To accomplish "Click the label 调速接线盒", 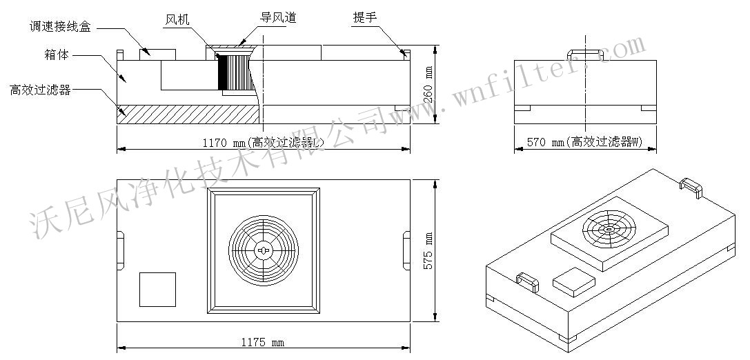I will tap(60, 27).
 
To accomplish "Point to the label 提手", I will tap(364, 18).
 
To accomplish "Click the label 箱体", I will tap(57, 55).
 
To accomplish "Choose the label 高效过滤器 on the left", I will tap(39, 90).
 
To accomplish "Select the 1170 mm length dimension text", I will tap(263, 143).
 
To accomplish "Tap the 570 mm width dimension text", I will tap(584, 143).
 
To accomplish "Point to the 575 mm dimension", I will tap(429, 249).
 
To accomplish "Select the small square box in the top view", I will tap(157, 289).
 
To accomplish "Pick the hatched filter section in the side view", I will tap(186, 114).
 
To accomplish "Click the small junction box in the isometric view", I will tap(573, 280).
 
